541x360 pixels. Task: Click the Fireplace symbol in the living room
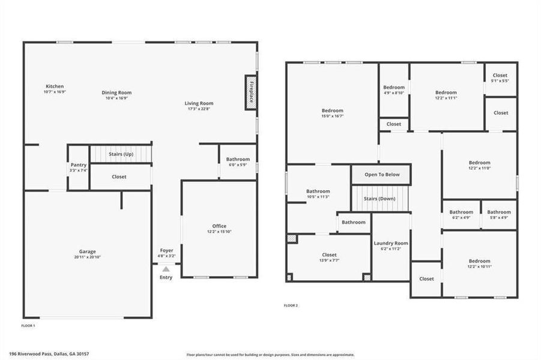pyautogui.click(x=250, y=92)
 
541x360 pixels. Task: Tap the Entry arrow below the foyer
pyautogui.click(x=166, y=269)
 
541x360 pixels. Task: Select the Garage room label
pyautogui.click(x=87, y=251)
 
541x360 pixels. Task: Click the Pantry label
pyautogui.click(x=79, y=165)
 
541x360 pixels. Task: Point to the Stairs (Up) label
pyautogui.click(x=121, y=154)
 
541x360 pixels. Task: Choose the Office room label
pyautogui.click(x=219, y=226)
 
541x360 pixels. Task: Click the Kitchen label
pyautogui.click(x=54, y=86)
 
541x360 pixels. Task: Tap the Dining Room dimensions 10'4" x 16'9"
pyautogui.click(x=116, y=98)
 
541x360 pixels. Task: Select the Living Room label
pyautogui.click(x=199, y=103)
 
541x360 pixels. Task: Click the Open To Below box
pyautogui.click(x=381, y=175)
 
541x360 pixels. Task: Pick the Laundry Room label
pyautogui.click(x=391, y=243)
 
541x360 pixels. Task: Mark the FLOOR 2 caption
pyautogui.click(x=291, y=305)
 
